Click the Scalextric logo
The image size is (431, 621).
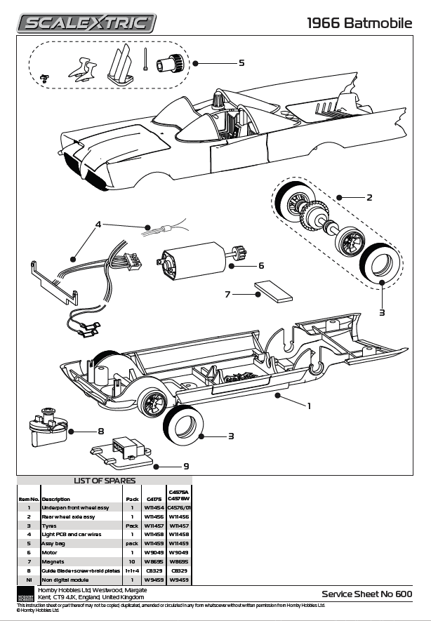(86, 23)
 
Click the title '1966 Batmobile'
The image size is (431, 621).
(360, 23)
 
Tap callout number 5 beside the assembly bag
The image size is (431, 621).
(241, 62)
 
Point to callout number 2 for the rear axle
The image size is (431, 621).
(369, 197)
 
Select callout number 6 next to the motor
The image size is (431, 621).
(260, 265)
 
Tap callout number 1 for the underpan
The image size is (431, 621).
(309, 405)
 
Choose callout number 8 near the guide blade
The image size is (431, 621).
(101, 431)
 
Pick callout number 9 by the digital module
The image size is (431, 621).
(186, 465)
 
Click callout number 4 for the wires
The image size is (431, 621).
(99, 225)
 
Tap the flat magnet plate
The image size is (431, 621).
(273, 291)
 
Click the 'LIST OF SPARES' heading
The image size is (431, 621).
(103, 481)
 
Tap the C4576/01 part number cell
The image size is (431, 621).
(180, 507)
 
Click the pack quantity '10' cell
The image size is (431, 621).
(131, 562)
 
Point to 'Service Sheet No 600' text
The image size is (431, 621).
(366, 594)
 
